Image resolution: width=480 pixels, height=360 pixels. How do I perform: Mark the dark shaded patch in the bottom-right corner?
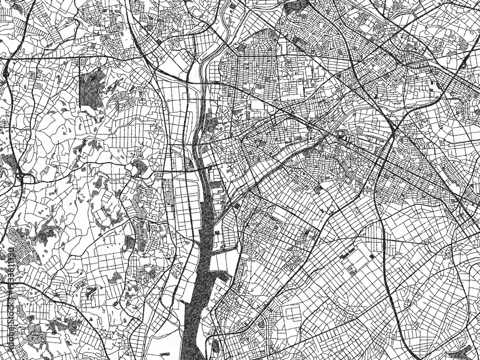(x=463, y=353)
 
